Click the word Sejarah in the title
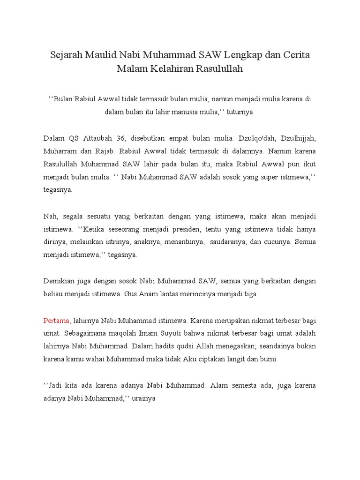tap(67, 55)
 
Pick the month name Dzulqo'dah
tap(255, 139)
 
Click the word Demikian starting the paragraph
tap(59, 281)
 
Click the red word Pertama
tap(57, 321)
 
